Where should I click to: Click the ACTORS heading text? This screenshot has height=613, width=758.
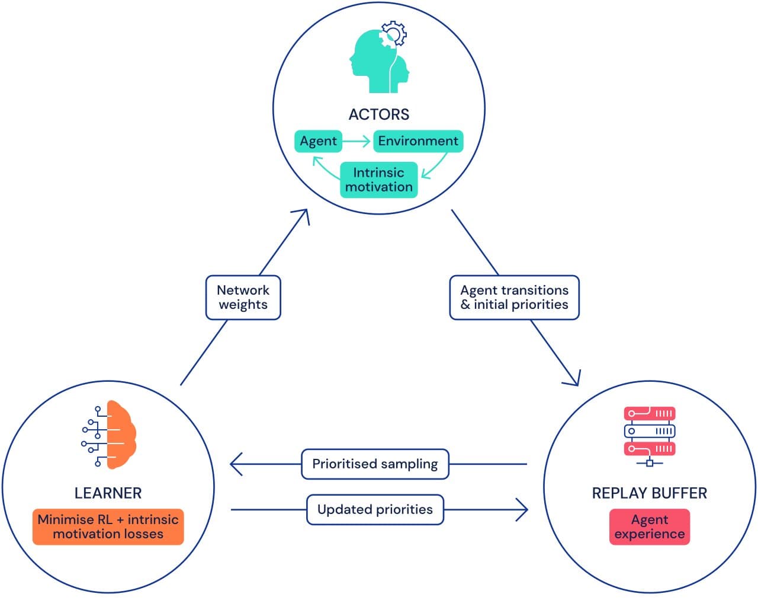pyautogui.click(x=378, y=114)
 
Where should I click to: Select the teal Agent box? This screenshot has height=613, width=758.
pyautogui.click(x=318, y=141)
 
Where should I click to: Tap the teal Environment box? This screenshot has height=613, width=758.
pyautogui.click(x=418, y=141)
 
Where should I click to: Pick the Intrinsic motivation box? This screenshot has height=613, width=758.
pyautogui.click(x=378, y=180)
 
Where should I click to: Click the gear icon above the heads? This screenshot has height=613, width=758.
pyautogui.click(x=394, y=34)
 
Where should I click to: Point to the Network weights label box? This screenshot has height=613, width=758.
pyautogui.click(x=243, y=297)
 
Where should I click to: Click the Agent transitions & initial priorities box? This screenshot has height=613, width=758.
pyautogui.click(x=514, y=297)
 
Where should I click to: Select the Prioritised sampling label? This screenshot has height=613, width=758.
pyautogui.click(x=375, y=464)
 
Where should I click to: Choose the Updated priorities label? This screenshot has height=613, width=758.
pyautogui.click(x=375, y=509)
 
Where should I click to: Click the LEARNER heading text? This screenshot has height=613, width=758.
pyautogui.click(x=108, y=493)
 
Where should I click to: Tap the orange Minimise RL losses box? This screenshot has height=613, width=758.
pyautogui.click(x=108, y=526)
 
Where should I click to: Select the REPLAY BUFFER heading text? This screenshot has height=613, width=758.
pyautogui.click(x=649, y=493)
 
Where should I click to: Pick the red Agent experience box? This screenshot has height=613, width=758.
pyautogui.click(x=649, y=526)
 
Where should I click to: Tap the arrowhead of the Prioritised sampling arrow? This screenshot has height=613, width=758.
pyautogui.click(x=235, y=464)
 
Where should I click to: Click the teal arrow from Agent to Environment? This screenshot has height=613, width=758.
pyautogui.click(x=357, y=141)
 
